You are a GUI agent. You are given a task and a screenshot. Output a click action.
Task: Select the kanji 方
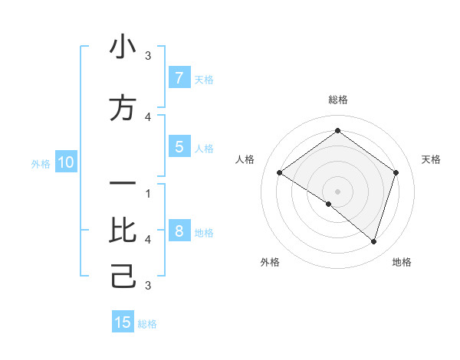(x=123, y=108)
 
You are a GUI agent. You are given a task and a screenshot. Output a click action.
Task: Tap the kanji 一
(x=123, y=185)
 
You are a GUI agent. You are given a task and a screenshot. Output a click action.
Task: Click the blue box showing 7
(x=179, y=77)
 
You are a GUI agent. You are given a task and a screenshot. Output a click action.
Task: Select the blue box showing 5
(x=179, y=147)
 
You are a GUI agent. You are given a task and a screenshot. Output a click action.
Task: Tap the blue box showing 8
(x=179, y=231)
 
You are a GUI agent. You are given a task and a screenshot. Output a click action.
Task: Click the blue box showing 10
(x=65, y=162)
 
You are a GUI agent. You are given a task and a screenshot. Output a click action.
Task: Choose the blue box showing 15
(x=123, y=322)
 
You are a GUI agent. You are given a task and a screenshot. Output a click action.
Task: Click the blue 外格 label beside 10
(x=41, y=163)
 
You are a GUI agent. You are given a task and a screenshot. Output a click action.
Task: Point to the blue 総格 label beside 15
(x=147, y=324)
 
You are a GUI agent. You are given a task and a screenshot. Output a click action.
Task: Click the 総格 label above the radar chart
(x=337, y=100)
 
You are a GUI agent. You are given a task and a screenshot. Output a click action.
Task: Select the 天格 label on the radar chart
(x=431, y=159)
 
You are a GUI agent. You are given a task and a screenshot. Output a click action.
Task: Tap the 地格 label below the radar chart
(x=402, y=262)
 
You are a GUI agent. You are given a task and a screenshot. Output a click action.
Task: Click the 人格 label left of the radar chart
(x=245, y=159)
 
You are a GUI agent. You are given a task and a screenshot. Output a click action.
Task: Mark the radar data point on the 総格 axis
(x=337, y=131)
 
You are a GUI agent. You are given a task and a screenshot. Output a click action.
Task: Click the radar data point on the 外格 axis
(x=329, y=204)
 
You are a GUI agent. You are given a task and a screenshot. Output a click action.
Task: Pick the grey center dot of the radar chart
(x=337, y=191)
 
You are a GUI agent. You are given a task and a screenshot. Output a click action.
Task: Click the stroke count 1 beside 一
(x=147, y=193)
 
